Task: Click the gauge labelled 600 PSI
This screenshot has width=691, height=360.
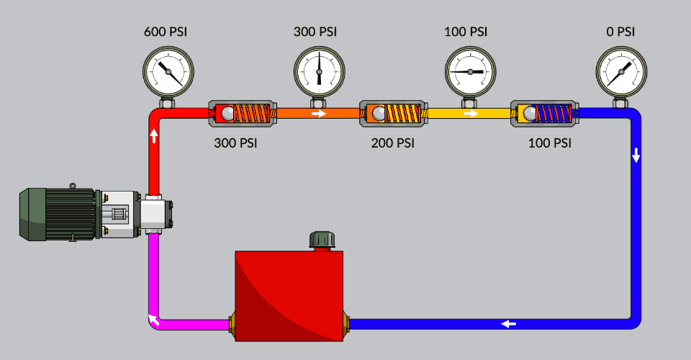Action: (x=168, y=71)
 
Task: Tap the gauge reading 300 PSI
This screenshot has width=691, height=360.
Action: (x=319, y=71)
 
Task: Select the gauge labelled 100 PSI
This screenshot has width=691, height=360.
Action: (x=470, y=71)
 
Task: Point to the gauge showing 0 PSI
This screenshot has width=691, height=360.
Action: (x=620, y=71)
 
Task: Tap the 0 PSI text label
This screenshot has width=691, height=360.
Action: (x=620, y=32)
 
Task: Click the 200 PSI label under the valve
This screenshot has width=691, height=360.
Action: (x=393, y=143)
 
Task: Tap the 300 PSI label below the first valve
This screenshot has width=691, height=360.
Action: (x=235, y=143)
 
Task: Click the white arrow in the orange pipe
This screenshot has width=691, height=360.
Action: (x=318, y=113)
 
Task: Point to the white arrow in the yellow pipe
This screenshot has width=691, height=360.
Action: (x=470, y=113)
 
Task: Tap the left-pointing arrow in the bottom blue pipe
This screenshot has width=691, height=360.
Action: (x=509, y=324)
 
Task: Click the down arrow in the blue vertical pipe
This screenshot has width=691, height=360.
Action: (x=636, y=156)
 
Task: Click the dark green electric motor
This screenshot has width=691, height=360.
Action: (x=58, y=213)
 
